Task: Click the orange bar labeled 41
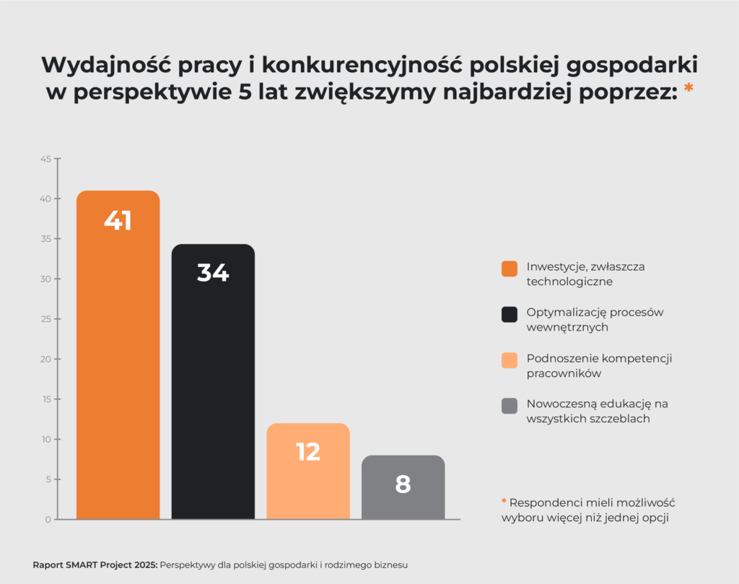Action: coord(118,361)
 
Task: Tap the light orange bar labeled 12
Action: coord(308,484)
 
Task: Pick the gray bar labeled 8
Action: coord(403,498)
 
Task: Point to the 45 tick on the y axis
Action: coord(45,159)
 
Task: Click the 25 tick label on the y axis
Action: coord(45,319)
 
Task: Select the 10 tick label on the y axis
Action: coord(45,439)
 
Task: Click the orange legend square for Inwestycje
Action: coord(510,269)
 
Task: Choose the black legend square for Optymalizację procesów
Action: coord(510,314)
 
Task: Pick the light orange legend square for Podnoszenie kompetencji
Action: coord(510,359)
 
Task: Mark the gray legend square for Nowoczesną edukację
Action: coord(510,405)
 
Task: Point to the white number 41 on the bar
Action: coord(118,221)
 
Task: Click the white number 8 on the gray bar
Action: coord(403,484)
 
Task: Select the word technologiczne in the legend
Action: coord(569,282)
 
